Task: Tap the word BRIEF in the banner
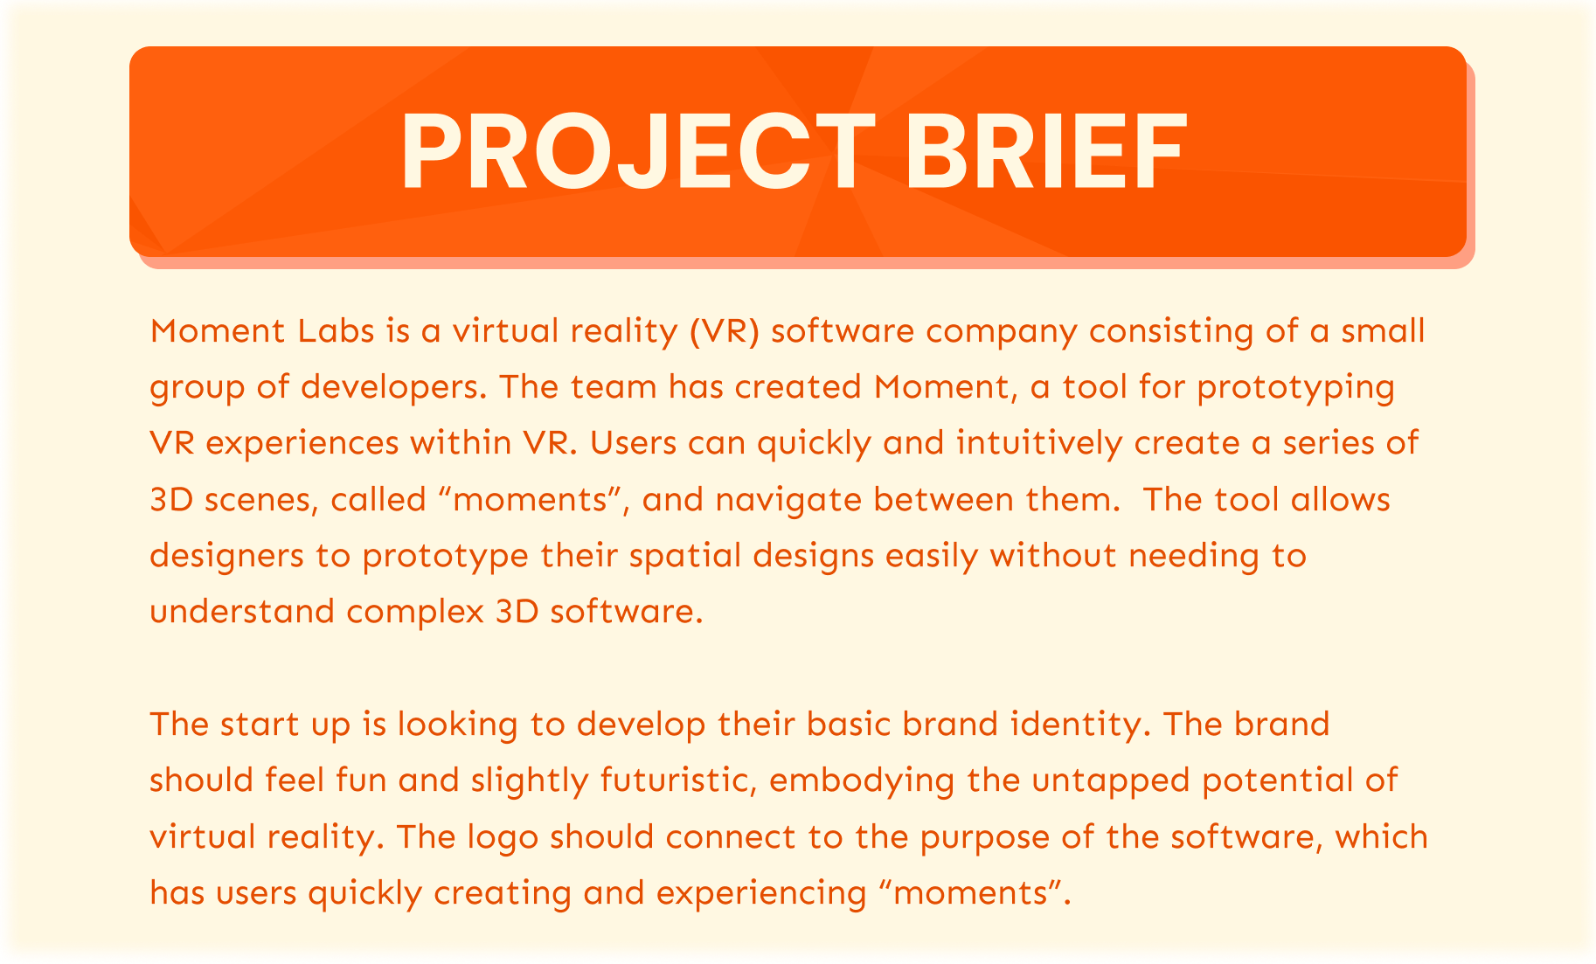coord(1046,152)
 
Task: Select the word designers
coord(221,557)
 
